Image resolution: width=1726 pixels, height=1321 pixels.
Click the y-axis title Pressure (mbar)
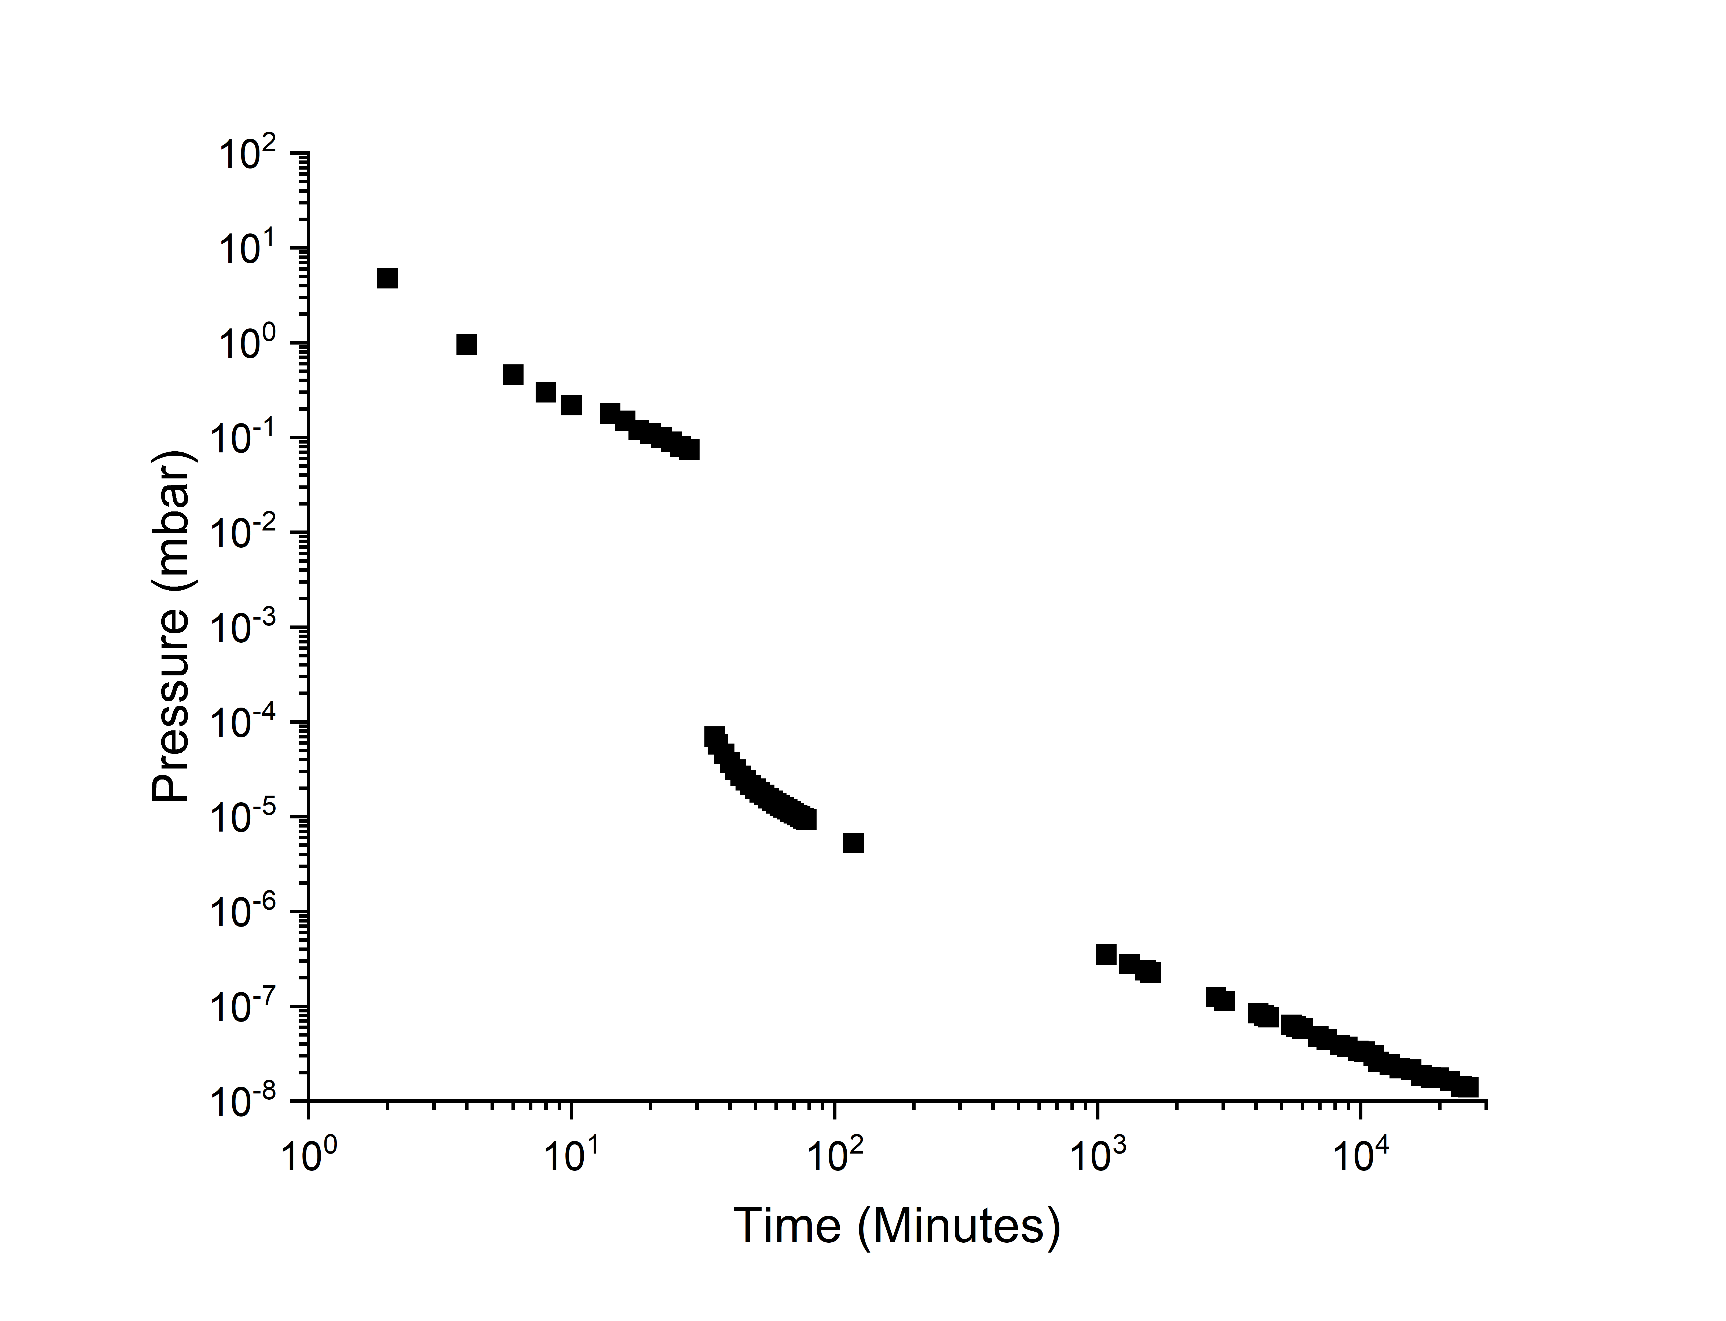point(171,627)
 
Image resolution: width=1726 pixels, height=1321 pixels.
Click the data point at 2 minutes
point(387,278)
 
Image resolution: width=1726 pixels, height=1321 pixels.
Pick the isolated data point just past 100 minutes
point(853,843)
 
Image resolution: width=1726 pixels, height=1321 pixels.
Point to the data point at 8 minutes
point(546,391)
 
